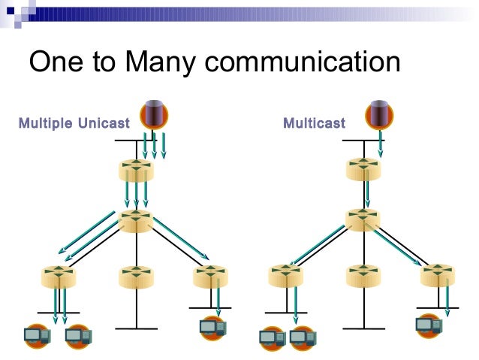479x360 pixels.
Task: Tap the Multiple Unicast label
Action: pos(74,123)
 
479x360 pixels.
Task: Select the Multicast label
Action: pos(314,123)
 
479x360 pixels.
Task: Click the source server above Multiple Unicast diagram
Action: pos(154,115)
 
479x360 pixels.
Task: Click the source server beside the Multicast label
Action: pos(380,115)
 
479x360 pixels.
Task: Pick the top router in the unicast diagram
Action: pos(136,170)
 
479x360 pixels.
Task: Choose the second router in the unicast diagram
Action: pos(136,221)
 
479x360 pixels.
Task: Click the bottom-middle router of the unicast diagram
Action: pos(136,277)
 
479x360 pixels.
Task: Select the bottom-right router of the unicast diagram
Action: pos(210,277)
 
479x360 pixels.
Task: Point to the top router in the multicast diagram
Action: pos(363,170)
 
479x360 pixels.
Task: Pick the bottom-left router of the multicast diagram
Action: pos(285,277)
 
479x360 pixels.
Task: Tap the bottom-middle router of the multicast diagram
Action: pos(363,277)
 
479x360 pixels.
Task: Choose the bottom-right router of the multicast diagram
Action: pos(437,277)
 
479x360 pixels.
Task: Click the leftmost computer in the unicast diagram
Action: pos(36,334)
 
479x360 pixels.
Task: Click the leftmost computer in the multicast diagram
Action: pos(272,337)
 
